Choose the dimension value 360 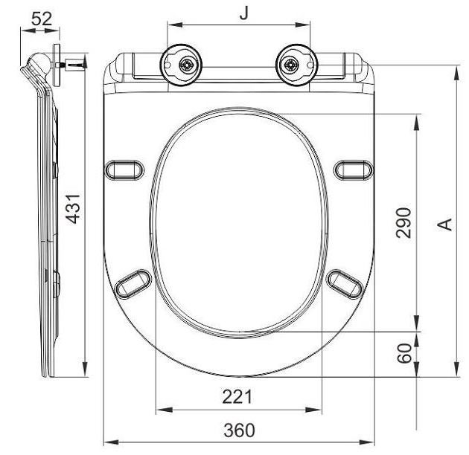(239, 430)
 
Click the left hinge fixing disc (183, 66)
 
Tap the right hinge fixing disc (293, 66)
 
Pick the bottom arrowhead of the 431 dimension (86, 371)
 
